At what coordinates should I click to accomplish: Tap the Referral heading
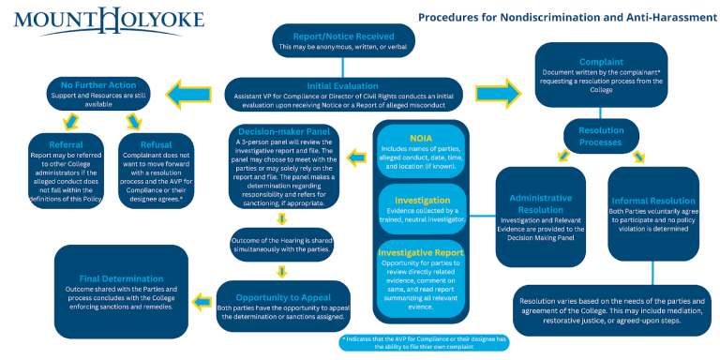pos(65,145)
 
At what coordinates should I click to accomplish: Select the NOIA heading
pos(423,138)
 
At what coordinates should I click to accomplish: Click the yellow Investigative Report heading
pos(423,252)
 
